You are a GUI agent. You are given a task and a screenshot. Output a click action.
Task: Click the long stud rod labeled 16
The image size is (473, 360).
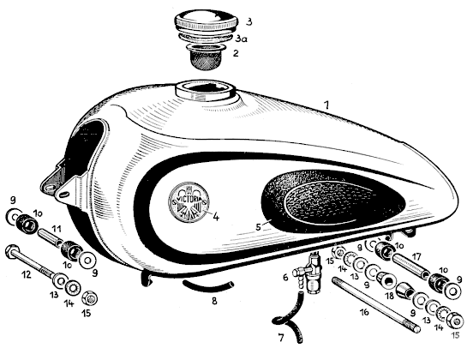point(376,304)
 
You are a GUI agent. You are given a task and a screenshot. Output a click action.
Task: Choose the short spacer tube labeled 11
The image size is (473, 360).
point(51,237)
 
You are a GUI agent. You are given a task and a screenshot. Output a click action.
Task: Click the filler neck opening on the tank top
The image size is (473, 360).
point(205,90)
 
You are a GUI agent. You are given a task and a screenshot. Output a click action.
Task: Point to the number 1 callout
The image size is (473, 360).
point(326,105)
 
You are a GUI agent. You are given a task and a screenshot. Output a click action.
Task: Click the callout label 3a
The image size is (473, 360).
point(242,39)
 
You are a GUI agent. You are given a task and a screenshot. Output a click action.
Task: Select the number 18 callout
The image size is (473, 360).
point(390,296)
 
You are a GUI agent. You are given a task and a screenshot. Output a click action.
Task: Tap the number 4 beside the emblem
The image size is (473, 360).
point(216,216)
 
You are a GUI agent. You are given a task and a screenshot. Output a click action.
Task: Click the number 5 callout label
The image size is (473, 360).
point(259,226)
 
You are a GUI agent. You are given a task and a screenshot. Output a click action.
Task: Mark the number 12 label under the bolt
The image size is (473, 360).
point(27,274)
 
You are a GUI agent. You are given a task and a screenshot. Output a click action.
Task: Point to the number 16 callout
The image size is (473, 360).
point(364,312)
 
